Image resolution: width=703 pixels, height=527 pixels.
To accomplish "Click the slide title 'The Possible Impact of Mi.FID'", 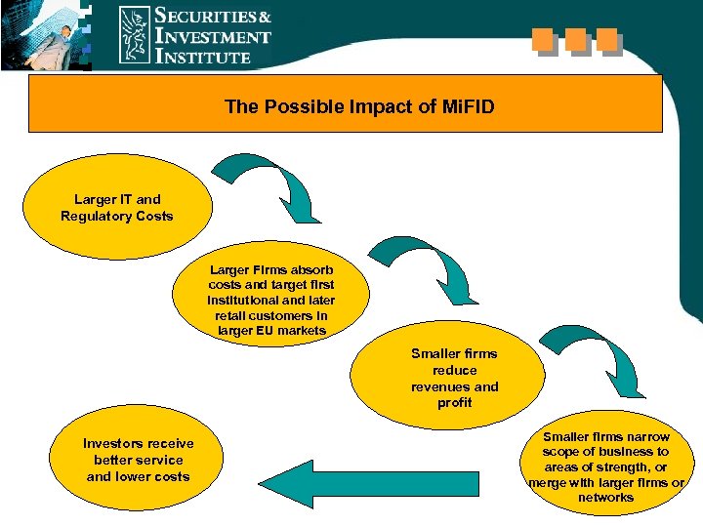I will tap(359, 106).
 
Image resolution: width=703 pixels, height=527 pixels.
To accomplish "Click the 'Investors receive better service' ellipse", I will tap(138, 461).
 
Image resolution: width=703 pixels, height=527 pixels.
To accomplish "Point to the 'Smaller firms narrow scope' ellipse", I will tap(605, 466).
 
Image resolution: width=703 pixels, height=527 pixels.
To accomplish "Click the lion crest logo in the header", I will tap(135, 35).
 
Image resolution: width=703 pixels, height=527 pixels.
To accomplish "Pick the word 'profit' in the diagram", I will tap(455, 403).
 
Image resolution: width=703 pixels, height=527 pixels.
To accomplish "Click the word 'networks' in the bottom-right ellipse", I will tap(605, 498).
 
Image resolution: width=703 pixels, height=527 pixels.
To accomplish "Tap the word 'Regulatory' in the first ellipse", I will tap(94, 216).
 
